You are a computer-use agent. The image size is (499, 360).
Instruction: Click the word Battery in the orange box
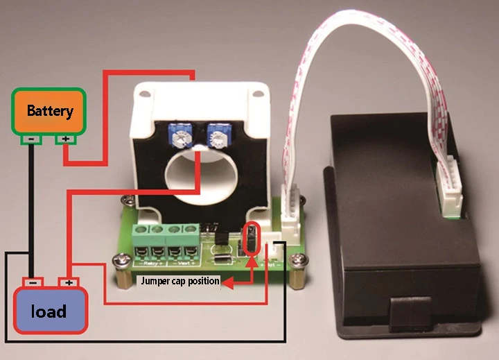49,110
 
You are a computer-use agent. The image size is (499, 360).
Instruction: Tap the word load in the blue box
49,311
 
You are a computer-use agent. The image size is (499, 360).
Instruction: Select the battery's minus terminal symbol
32,140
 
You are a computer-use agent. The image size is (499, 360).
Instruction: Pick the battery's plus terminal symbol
65,140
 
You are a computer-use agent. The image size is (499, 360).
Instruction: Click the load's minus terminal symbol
33,283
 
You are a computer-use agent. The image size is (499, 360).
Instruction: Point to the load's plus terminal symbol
68,283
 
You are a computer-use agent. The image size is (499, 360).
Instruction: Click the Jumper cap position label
180,282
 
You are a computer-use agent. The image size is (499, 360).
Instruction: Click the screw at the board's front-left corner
119,259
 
